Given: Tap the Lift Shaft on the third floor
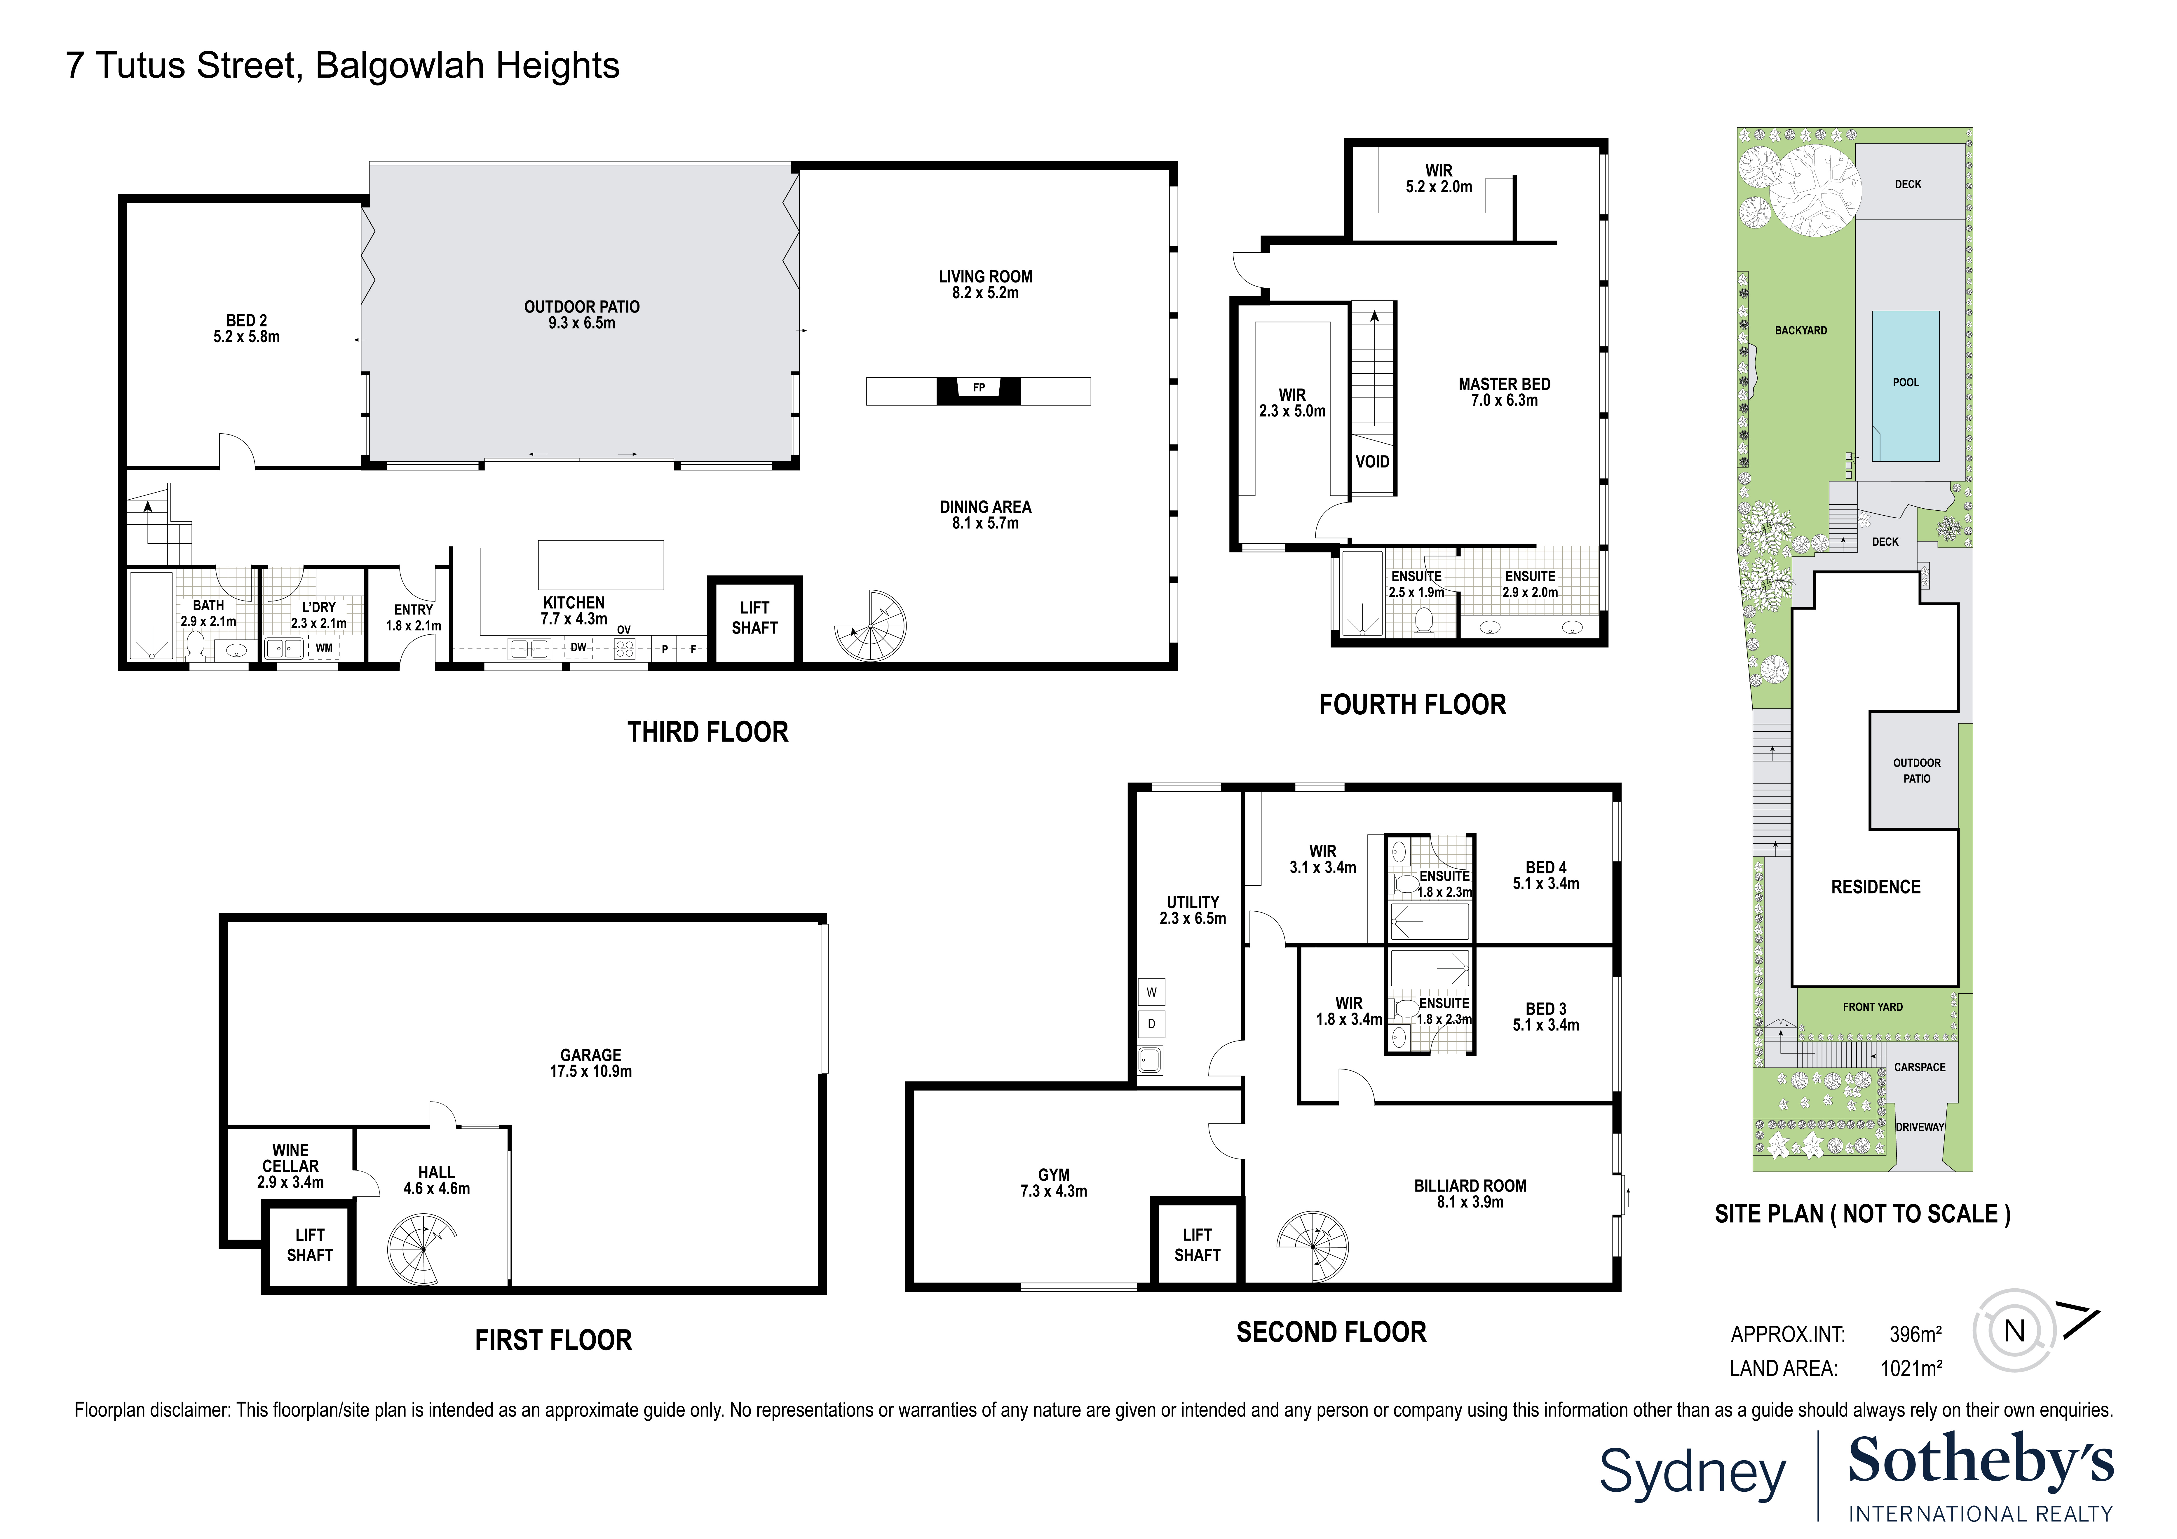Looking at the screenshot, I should pos(755,618).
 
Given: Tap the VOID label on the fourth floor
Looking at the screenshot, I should pos(1372,462).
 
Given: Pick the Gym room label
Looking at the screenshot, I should pos(1053,1175).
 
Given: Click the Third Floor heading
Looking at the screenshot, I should pos(707,732).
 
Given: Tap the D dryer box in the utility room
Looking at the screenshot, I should pos(1151,1024).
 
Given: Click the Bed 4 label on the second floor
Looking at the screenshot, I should pos(1545,868).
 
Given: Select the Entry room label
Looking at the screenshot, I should pos(413,610).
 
